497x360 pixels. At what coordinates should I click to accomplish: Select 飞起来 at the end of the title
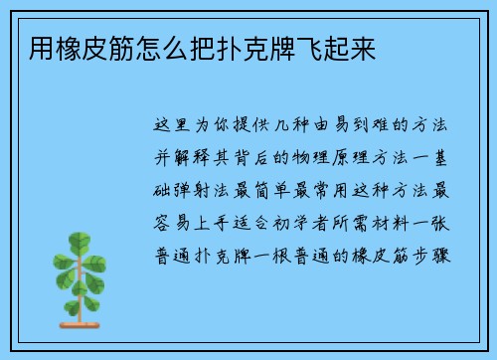[x=347, y=48]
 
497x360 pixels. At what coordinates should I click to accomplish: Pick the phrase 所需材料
[x=368, y=222]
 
